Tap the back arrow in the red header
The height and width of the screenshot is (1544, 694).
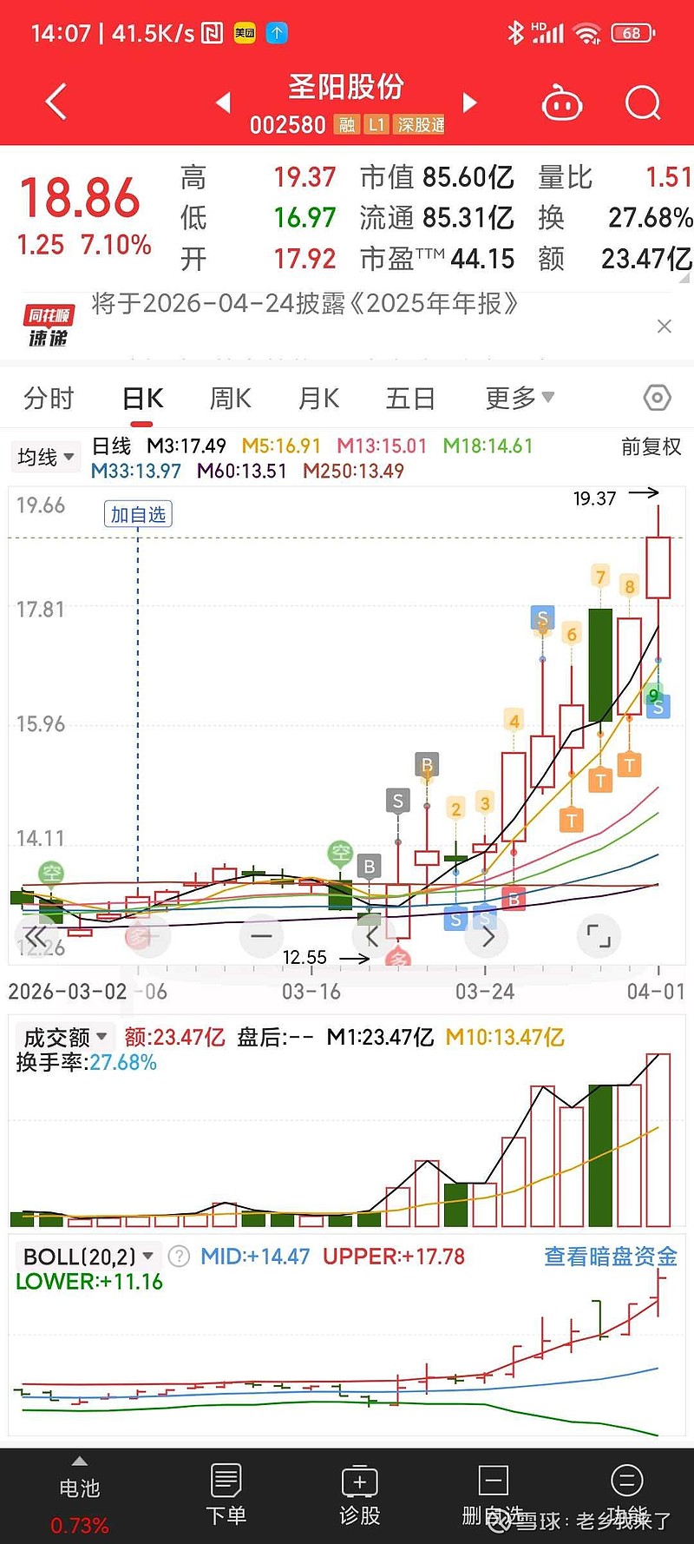[56, 102]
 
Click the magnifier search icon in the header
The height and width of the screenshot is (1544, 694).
[643, 103]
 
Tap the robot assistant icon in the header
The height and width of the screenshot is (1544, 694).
[561, 104]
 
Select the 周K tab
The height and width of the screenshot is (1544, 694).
[231, 399]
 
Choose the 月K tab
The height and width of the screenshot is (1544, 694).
[318, 399]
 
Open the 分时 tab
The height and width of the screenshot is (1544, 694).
[49, 399]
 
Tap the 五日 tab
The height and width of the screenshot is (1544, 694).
[410, 399]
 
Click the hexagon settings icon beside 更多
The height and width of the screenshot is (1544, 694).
[657, 398]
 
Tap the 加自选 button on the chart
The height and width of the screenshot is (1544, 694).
[138, 514]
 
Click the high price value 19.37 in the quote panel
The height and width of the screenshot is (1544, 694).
[304, 177]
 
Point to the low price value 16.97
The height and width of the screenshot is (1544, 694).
[304, 217]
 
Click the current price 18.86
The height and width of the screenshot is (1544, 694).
[80, 198]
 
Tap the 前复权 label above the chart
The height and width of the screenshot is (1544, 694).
[651, 447]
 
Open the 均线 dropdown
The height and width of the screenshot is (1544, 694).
[45, 457]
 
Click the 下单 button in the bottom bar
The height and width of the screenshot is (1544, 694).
[226, 1494]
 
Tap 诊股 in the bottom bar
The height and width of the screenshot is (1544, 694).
[360, 1494]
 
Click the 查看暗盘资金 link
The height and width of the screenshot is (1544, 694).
[610, 1257]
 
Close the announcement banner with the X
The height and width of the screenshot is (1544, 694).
[665, 327]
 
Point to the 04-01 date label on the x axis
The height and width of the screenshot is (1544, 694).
[656, 992]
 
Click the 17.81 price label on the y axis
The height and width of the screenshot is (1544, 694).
[41, 610]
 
